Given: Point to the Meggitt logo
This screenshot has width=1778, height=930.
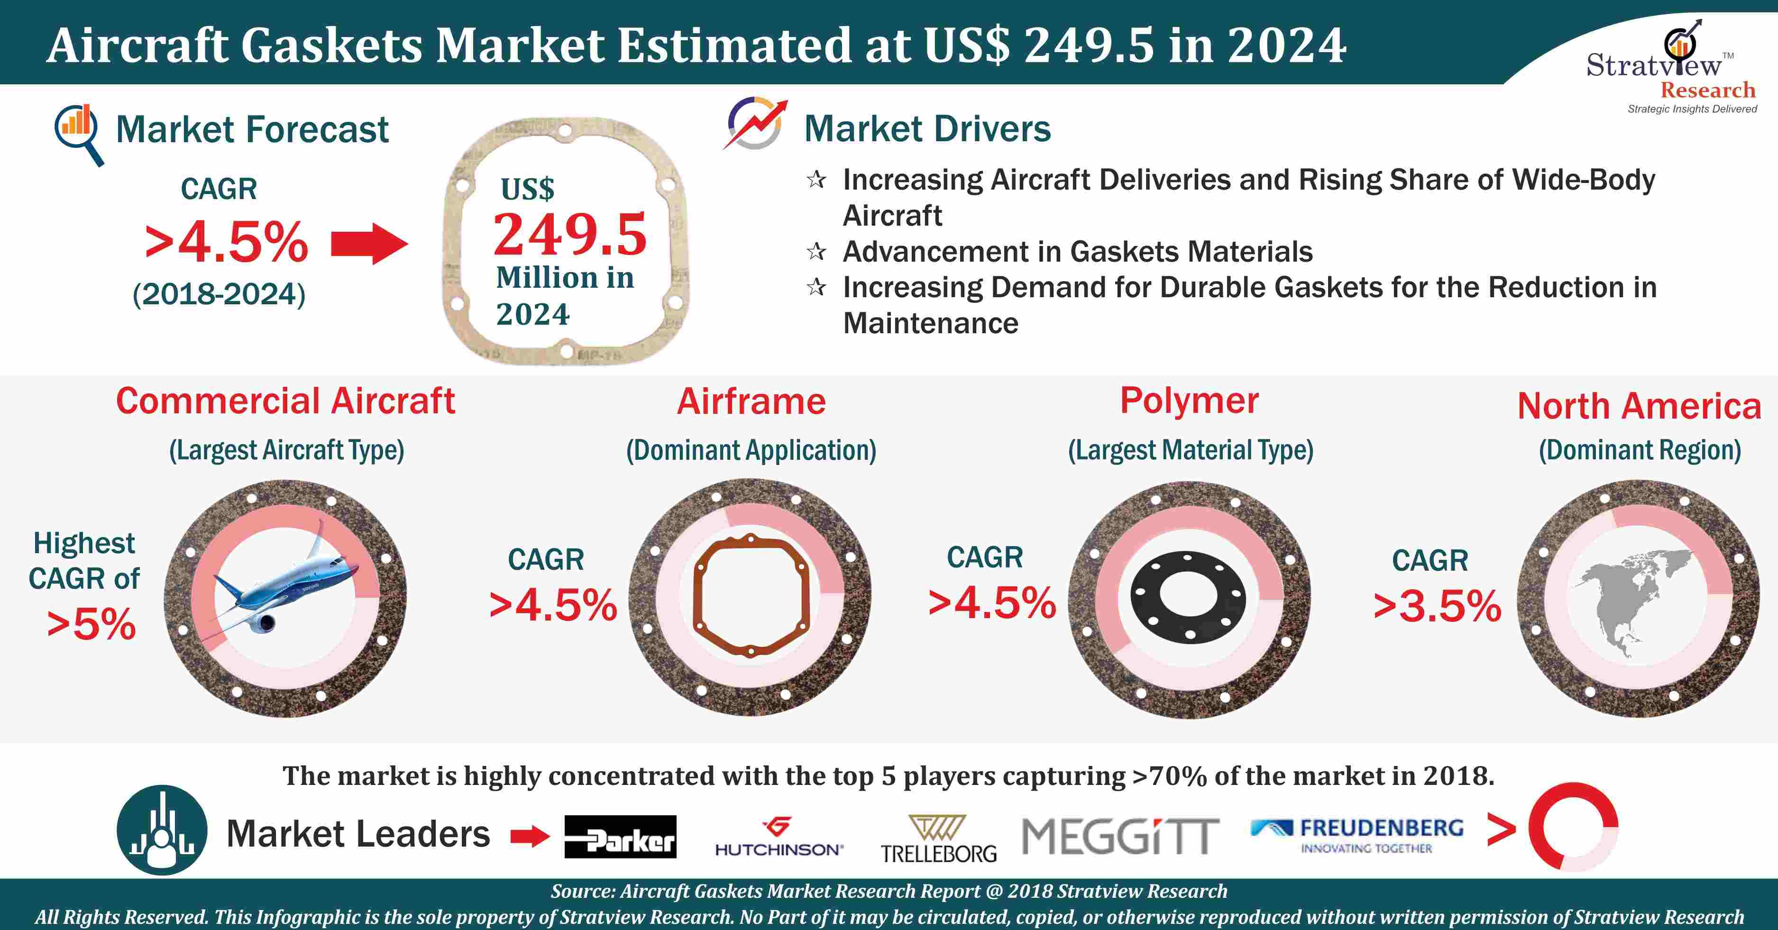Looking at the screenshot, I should pyautogui.click(x=1120, y=836).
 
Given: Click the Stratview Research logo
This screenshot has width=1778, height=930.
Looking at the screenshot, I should pyautogui.click(x=1677, y=69).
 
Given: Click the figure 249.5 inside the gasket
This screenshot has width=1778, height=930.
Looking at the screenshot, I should pyautogui.click(x=570, y=235).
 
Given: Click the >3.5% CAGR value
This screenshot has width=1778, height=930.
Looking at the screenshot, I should pyautogui.click(x=1437, y=606).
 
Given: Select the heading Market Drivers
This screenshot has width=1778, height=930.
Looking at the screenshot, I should pyautogui.click(x=927, y=129).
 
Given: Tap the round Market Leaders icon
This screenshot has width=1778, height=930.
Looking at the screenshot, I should pyautogui.click(x=162, y=830).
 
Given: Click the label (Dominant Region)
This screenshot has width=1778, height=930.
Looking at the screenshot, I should pyautogui.click(x=1639, y=450).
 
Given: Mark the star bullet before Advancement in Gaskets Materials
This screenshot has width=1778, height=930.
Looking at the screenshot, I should pyautogui.click(x=816, y=252).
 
